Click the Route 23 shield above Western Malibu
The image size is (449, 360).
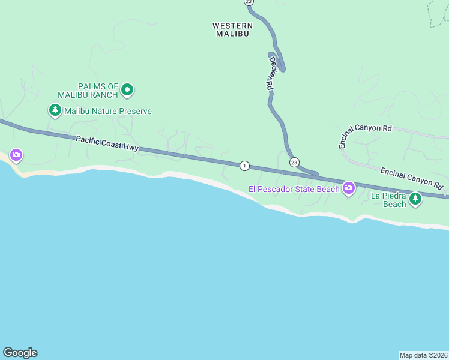tap(249, 2)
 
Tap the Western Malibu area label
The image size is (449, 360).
tap(232, 30)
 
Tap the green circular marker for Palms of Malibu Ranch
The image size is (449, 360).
tap(127, 91)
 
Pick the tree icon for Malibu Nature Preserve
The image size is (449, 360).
tap(55, 110)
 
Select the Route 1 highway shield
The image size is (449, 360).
tap(244, 166)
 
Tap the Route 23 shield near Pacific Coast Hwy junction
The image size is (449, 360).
tap(294, 163)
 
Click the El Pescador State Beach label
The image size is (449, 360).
tap(294, 190)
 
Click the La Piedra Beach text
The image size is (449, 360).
tap(388, 200)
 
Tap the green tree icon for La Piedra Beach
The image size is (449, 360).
tap(415, 199)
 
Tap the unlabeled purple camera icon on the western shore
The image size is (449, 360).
tap(16, 156)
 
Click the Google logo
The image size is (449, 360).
tap(20, 353)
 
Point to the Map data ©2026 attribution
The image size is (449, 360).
tap(423, 355)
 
